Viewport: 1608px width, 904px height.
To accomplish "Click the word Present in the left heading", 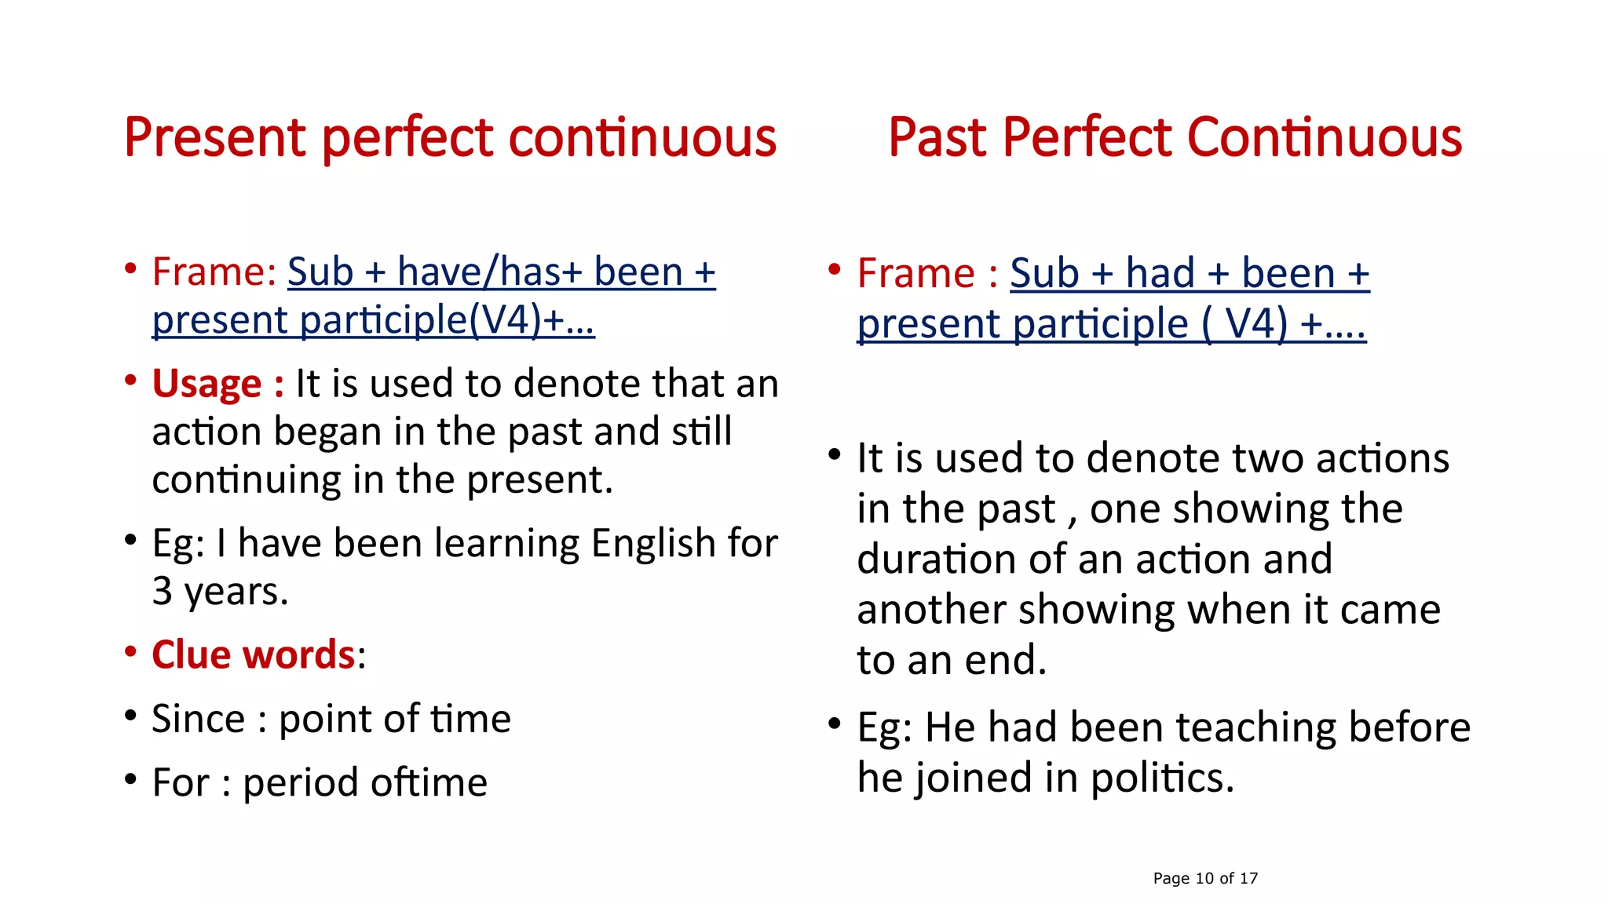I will pyautogui.click(x=214, y=138).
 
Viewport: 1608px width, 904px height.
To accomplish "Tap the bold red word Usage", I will pyautogui.click(x=206, y=385).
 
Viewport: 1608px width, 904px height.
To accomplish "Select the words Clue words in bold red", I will pyautogui.click(x=254, y=654).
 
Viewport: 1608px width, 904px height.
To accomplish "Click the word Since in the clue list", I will pyautogui.click(x=199, y=719).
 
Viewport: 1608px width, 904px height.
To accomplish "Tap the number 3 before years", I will pyautogui.click(x=163, y=591).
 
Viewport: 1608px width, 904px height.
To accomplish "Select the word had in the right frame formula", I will pyautogui.click(x=1160, y=274).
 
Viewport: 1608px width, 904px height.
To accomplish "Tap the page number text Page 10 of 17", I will pyautogui.click(x=1205, y=878).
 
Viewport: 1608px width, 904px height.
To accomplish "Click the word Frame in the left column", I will pyautogui.click(x=208, y=272).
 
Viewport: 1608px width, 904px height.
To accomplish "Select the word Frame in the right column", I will pyautogui.click(x=915, y=274).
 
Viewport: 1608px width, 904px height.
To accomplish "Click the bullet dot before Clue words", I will pyautogui.click(x=131, y=651).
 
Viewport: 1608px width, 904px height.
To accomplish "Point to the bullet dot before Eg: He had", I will pyautogui.click(x=835, y=723).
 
